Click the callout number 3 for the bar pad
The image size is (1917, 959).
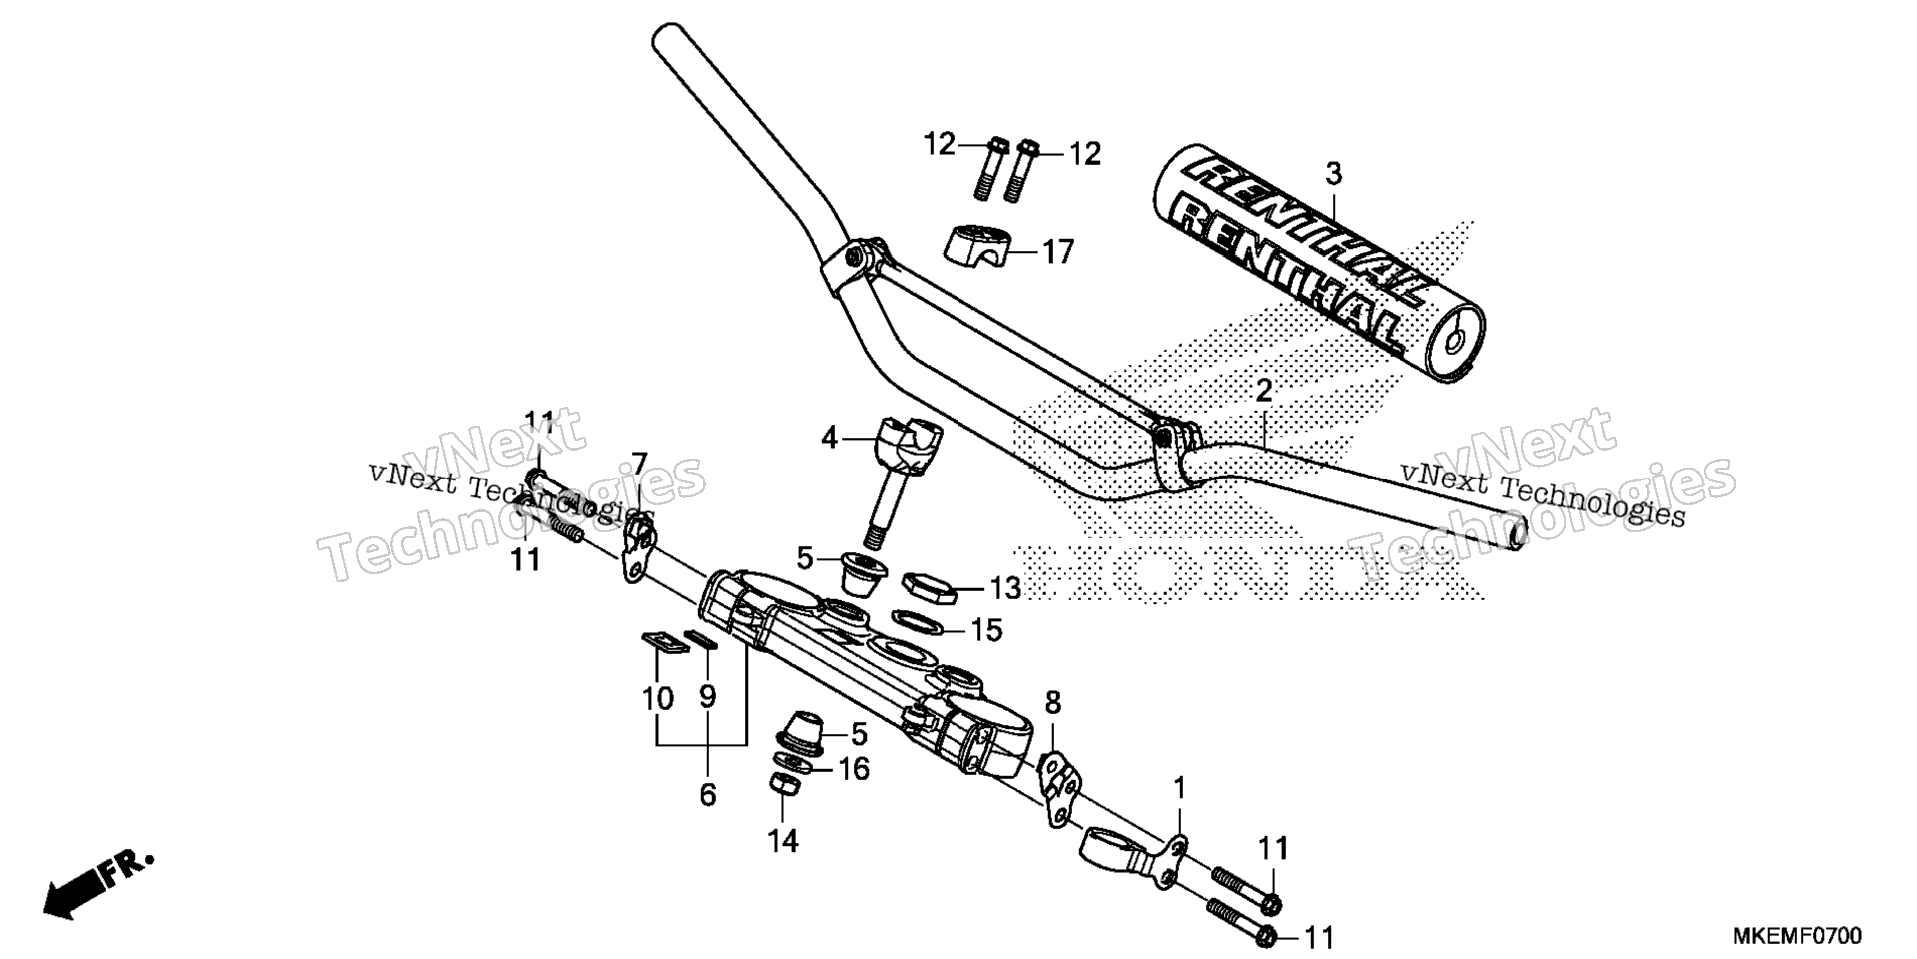click(1333, 174)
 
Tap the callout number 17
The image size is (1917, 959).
click(1058, 252)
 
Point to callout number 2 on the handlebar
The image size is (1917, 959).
click(1264, 391)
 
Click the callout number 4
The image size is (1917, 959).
click(829, 437)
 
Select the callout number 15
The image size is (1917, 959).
click(986, 631)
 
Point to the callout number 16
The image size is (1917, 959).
click(853, 769)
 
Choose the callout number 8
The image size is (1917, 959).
click(1053, 702)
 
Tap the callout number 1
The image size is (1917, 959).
click(1179, 790)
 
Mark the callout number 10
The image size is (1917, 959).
click(658, 698)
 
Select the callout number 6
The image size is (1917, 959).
click(708, 795)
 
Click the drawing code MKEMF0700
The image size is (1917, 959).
click(1797, 936)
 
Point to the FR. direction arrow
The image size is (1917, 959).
click(98, 884)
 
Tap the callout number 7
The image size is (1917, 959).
click(638, 464)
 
